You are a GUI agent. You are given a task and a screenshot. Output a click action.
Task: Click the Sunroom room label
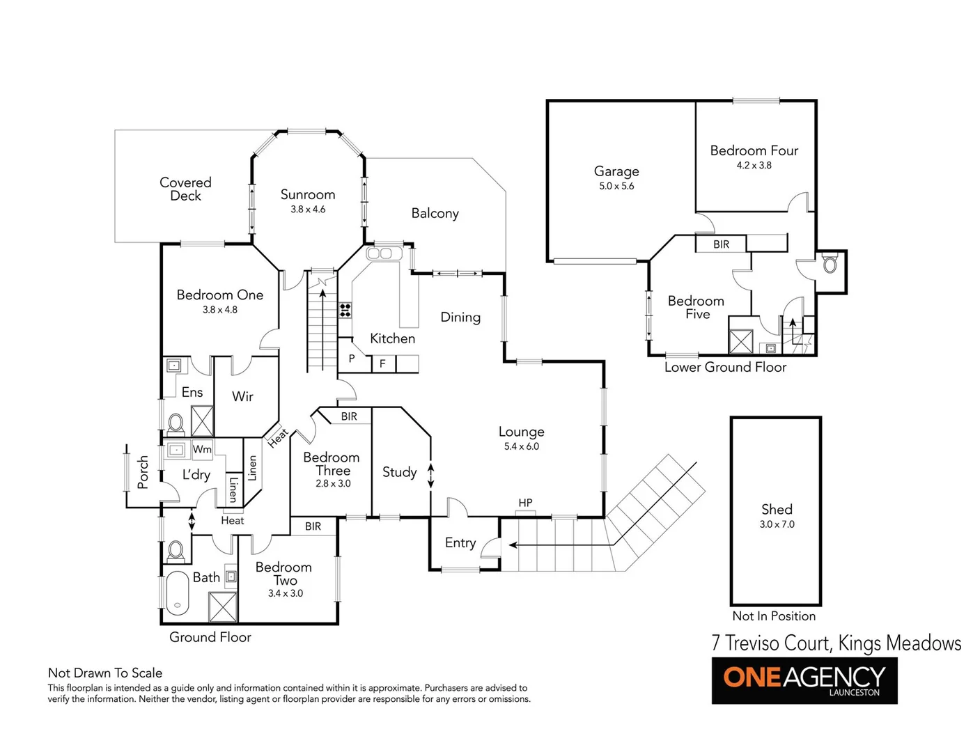(308, 195)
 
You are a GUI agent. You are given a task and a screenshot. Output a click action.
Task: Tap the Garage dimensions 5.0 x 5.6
(616, 187)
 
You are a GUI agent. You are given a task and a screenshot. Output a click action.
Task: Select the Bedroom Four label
(754, 150)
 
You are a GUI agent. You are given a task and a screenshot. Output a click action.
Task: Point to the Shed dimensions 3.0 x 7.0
(777, 524)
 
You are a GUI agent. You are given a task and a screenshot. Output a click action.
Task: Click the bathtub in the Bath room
(178, 593)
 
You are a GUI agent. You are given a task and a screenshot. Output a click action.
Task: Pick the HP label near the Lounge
(525, 503)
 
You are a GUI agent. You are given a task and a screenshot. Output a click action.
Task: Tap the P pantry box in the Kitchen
(352, 359)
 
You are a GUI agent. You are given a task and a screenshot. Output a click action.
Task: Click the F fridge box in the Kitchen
(382, 363)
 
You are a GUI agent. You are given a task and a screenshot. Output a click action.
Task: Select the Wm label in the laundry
(202, 449)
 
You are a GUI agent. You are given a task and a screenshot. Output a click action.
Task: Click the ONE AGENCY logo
(804, 680)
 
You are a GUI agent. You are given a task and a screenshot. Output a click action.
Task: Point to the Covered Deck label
(185, 189)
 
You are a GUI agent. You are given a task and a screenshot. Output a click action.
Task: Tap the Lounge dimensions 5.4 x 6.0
(521, 446)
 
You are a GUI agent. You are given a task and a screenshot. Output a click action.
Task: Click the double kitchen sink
(380, 253)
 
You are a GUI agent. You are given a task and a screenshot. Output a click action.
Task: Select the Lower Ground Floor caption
(725, 368)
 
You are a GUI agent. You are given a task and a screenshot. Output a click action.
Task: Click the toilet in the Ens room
(176, 423)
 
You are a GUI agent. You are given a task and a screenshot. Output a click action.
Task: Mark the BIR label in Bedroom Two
(313, 526)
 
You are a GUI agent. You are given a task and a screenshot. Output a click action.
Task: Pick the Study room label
(399, 472)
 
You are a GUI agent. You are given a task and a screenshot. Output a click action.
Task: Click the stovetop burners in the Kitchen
(345, 310)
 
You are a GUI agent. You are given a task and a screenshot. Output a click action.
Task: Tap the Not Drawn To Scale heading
(105, 673)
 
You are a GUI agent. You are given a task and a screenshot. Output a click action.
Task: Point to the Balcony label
(435, 213)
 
